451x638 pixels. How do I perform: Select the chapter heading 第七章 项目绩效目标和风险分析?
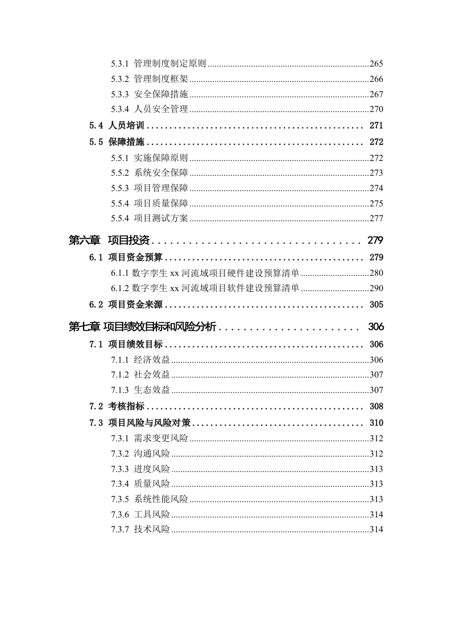[142, 326]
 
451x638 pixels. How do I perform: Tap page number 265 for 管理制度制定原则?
[376, 64]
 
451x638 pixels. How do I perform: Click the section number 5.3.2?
[121, 79]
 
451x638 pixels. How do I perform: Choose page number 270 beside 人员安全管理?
[376, 110]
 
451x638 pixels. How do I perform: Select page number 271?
[376, 126]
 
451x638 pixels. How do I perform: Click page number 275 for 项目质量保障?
[376, 204]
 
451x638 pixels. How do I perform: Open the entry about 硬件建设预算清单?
[216, 273]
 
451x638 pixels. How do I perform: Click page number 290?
[376, 288]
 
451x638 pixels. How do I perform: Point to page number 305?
[376, 305]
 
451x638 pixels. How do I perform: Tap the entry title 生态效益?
[152, 390]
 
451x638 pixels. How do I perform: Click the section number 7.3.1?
[121, 438]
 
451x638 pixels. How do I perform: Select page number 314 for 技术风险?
[376, 529]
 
